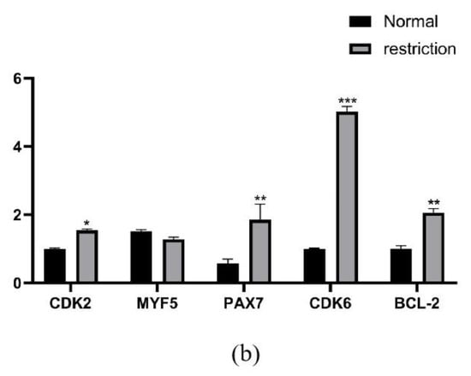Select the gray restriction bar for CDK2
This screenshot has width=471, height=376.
tap(87, 256)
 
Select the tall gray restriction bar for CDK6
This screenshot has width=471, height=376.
tap(347, 197)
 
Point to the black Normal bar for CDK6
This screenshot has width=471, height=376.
tap(313, 266)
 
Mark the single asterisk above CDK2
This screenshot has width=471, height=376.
tap(87, 223)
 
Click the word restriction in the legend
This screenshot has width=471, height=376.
tap(420, 48)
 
